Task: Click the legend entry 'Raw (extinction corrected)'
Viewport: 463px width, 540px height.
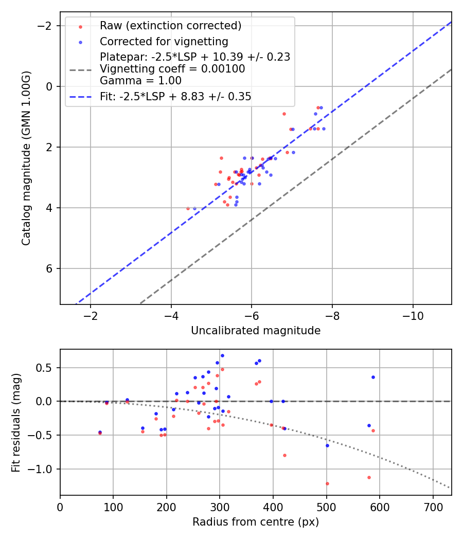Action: tap(170, 26)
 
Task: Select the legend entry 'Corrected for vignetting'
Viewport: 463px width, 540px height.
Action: tap(164, 41)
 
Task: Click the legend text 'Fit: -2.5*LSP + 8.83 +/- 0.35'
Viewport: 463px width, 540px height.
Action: tap(175, 97)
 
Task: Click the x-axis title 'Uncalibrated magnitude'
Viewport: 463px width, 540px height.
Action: tap(256, 331)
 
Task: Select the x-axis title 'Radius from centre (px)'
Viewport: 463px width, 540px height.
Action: tap(256, 522)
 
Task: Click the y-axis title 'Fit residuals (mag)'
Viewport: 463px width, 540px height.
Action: tap(16, 423)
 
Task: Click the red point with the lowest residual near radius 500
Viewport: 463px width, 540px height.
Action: tap(327, 483)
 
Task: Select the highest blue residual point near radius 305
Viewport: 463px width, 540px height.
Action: tap(222, 355)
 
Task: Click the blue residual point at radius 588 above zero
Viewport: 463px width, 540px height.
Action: tap(373, 377)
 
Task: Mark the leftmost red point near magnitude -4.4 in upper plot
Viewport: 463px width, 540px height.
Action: tap(188, 208)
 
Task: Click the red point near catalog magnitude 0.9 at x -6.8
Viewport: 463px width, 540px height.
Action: tap(284, 114)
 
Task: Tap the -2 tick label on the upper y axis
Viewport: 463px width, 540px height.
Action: tap(47, 26)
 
